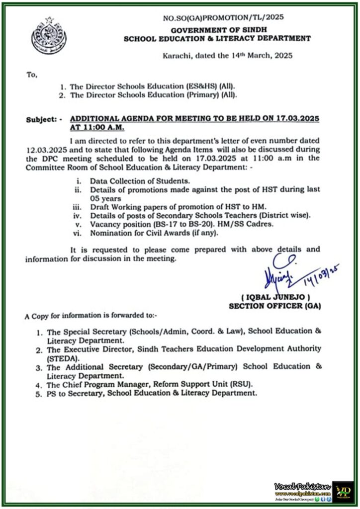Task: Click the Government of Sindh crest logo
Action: pyautogui.click(x=48, y=36)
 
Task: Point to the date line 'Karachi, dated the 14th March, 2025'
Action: pyautogui.click(x=228, y=56)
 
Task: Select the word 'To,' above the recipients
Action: pyautogui.click(x=31, y=75)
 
